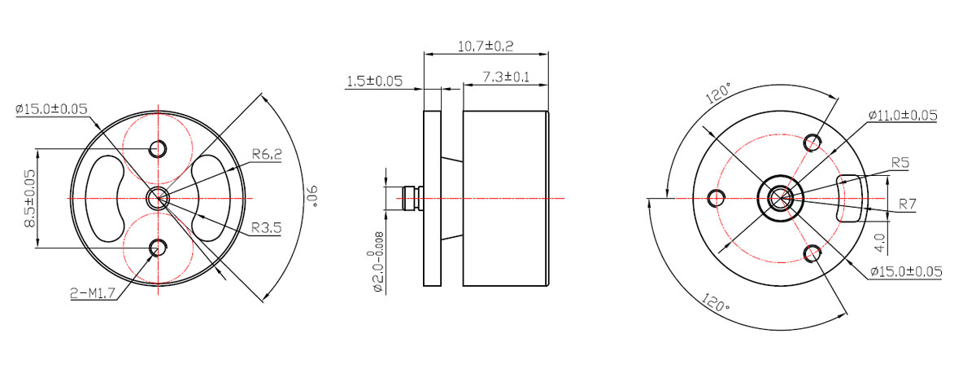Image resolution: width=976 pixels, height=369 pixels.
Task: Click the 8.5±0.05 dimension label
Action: coord(30,199)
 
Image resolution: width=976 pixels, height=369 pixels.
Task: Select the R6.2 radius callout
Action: coord(267,154)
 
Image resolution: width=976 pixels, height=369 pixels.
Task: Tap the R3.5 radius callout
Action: coord(266,228)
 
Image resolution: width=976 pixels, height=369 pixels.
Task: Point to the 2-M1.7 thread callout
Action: coord(93,293)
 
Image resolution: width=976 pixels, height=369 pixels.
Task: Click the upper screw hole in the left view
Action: coord(158,148)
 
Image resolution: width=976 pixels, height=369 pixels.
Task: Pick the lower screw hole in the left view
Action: coord(158,248)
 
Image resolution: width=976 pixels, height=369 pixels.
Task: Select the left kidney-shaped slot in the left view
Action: coord(105,199)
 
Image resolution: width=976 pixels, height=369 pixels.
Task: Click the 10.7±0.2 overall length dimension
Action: coord(486,46)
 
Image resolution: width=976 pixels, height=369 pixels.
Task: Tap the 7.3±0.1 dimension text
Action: coord(505,77)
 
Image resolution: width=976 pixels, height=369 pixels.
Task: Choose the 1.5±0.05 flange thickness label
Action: coord(374,81)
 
